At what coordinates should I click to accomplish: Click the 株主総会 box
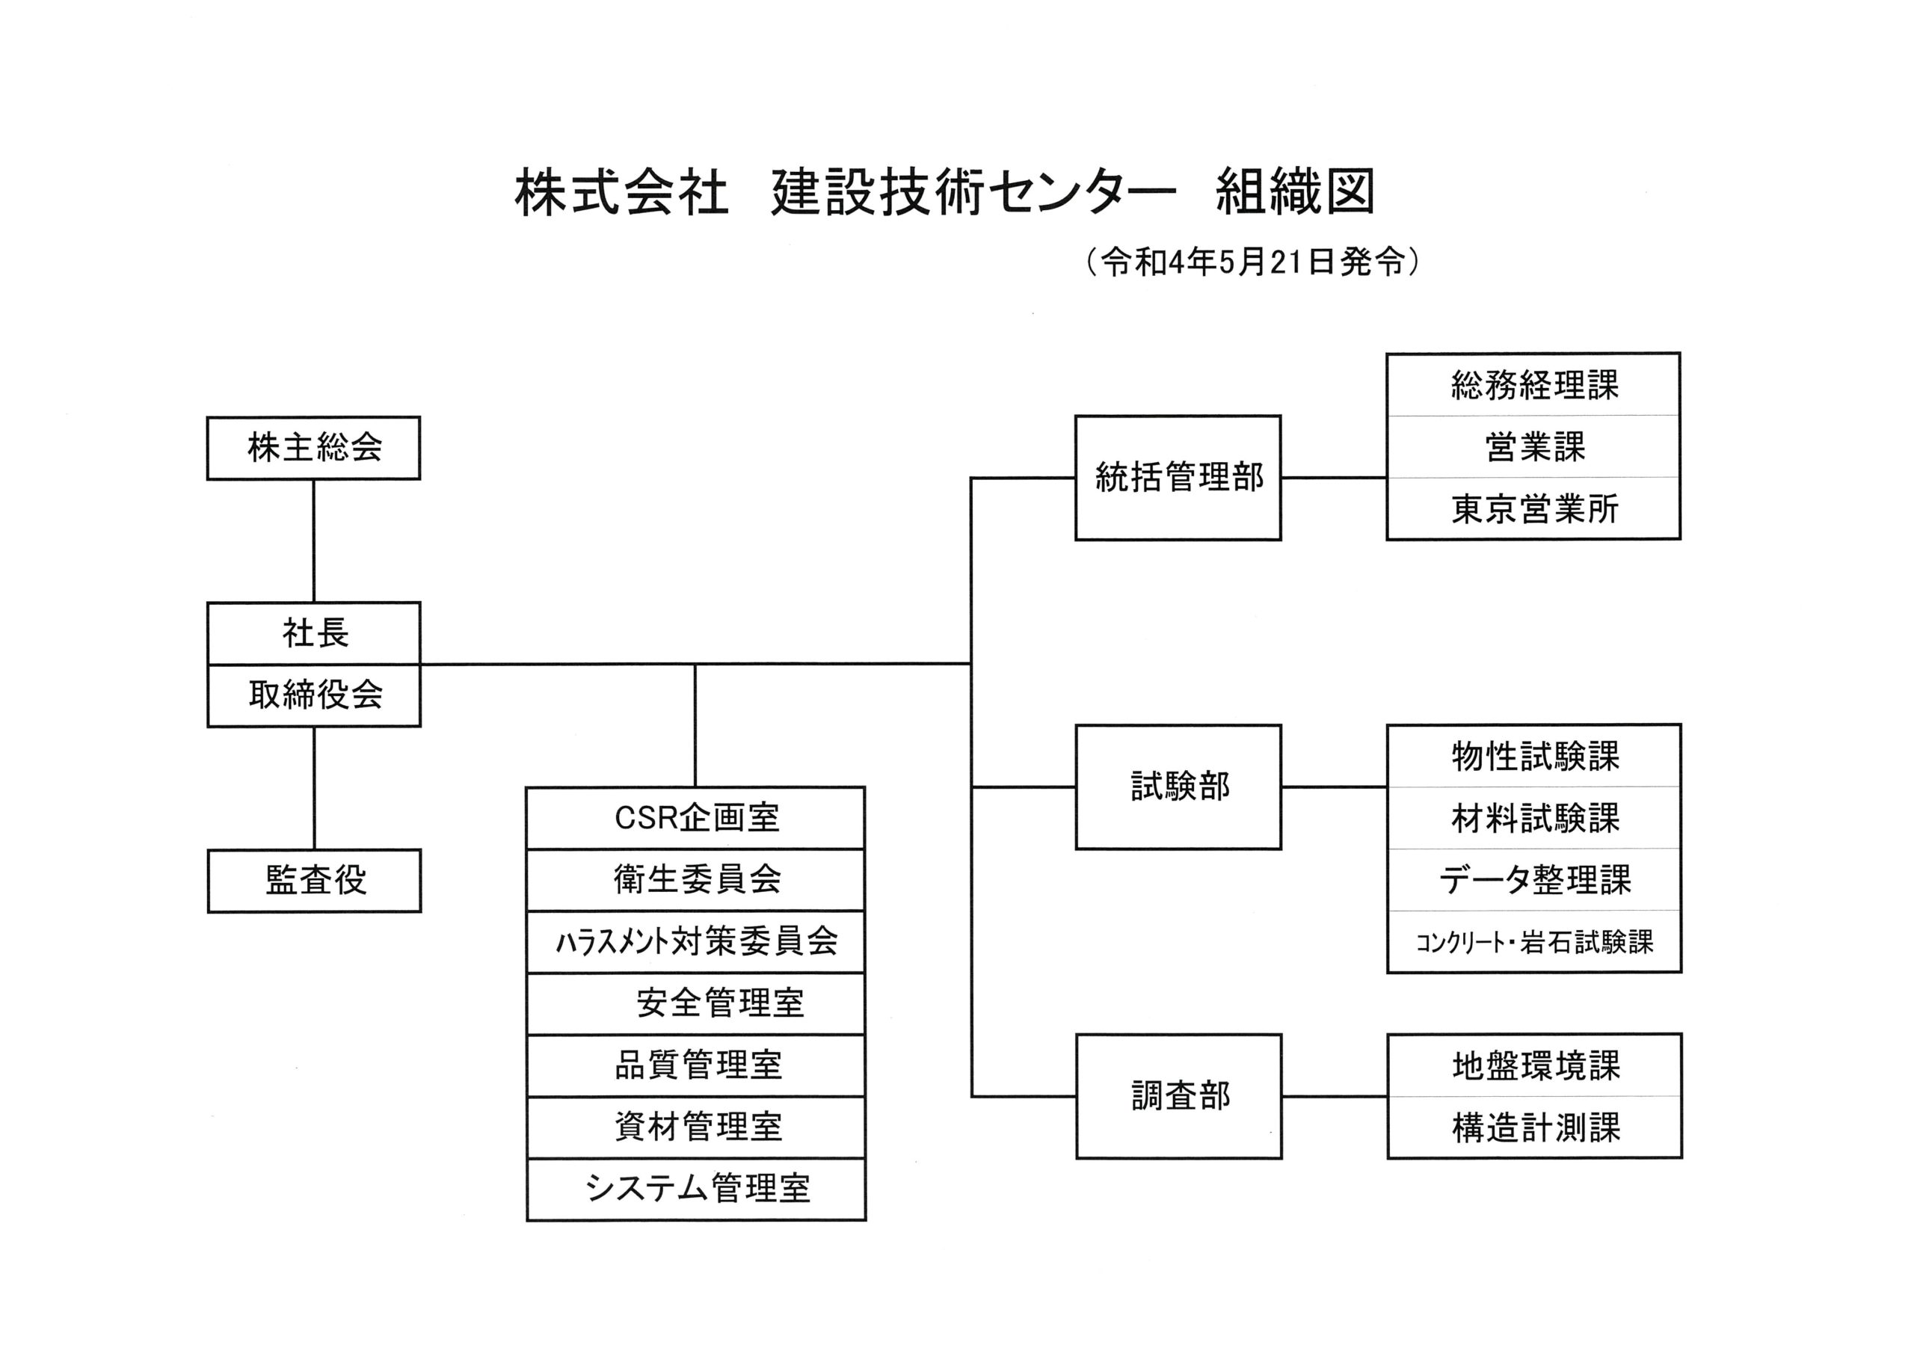(x=313, y=449)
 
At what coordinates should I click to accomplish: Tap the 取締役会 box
(x=313, y=695)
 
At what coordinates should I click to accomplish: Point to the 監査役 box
(x=314, y=881)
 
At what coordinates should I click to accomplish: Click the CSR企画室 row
(x=696, y=818)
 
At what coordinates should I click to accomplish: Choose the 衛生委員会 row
(x=696, y=879)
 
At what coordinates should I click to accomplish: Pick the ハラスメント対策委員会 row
(x=696, y=941)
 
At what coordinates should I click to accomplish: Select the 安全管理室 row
(x=696, y=1003)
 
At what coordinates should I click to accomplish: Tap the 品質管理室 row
(x=696, y=1065)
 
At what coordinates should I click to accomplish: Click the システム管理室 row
(x=696, y=1189)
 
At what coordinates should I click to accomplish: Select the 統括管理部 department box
(x=1178, y=478)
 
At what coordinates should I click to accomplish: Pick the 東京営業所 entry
(x=1534, y=508)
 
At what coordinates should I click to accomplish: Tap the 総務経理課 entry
(x=1534, y=384)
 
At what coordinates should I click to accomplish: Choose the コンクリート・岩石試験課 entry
(x=1534, y=942)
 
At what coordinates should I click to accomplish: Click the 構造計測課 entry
(x=1535, y=1128)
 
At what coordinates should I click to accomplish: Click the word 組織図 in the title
(x=1295, y=193)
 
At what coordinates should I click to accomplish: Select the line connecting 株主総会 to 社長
(x=313, y=541)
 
